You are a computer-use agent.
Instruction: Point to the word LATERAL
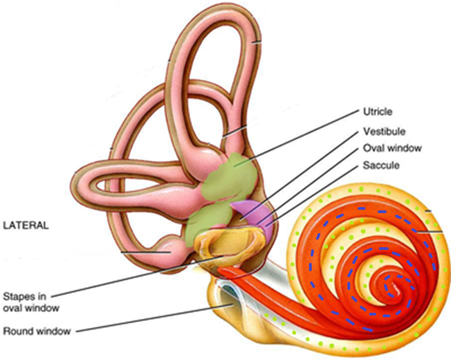click(26, 226)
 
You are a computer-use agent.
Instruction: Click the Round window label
click(36, 331)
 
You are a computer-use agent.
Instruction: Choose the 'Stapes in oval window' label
click(29, 300)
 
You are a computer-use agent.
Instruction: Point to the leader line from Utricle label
click(299, 136)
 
